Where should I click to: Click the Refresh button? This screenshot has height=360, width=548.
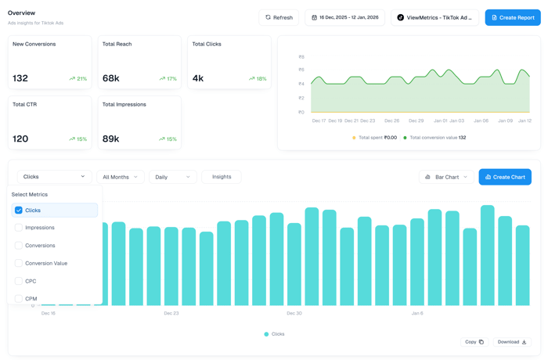[279, 17]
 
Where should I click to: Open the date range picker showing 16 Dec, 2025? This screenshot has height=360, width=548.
[344, 17]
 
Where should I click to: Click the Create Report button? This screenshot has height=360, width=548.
[513, 17]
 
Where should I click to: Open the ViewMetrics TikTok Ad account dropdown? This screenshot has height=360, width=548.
[434, 17]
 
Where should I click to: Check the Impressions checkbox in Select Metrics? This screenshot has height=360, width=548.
[19, 228]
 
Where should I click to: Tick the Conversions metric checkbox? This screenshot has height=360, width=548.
[19, 246]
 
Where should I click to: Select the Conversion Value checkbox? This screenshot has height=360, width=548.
[19, 263]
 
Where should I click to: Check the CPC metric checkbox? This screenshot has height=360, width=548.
[19, 281]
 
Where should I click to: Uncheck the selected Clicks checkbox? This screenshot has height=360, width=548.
[19, 211]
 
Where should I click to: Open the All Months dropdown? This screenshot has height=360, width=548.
[120, 177]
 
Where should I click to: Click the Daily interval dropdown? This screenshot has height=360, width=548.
[172, 177]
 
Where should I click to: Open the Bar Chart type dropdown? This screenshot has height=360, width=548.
[445, 177]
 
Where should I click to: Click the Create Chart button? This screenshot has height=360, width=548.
[505, 177]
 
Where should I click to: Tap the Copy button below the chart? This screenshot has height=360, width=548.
[474, 342]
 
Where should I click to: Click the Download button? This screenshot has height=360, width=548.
[512, 342]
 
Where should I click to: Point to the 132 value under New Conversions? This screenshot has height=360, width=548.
[20, 78]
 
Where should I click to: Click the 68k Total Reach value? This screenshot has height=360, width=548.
[110, 78]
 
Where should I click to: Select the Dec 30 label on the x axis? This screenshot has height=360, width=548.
[294, 313]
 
